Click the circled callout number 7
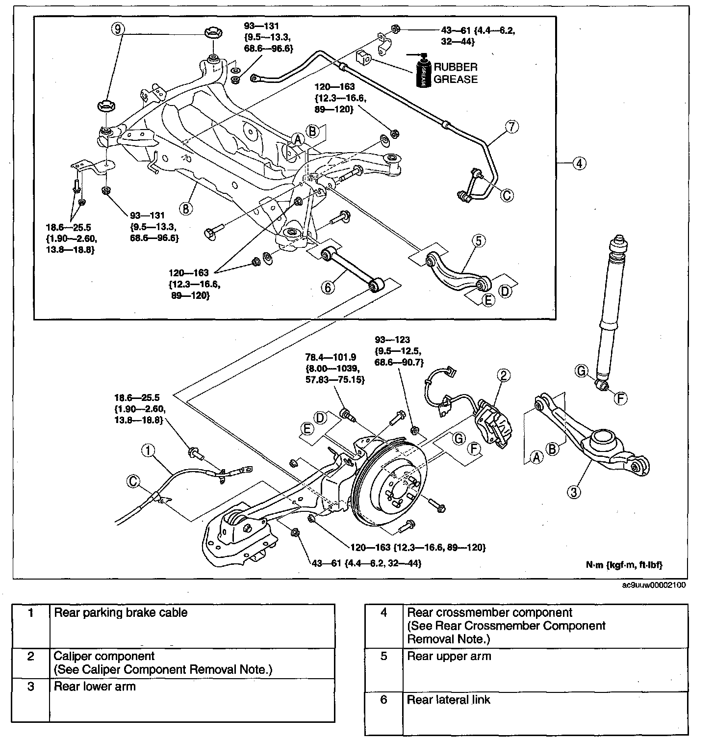tap(511, 127)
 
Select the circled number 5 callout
tap(479, 241)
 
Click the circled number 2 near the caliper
tap(504, 375)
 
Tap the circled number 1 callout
tap(149, 449)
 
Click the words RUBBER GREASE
tap(455, 73)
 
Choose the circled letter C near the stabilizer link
tap(507, 195)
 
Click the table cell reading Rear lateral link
tap(448, 700)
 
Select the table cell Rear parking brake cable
tap(121, 612)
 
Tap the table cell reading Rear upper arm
tap(449, 657)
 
